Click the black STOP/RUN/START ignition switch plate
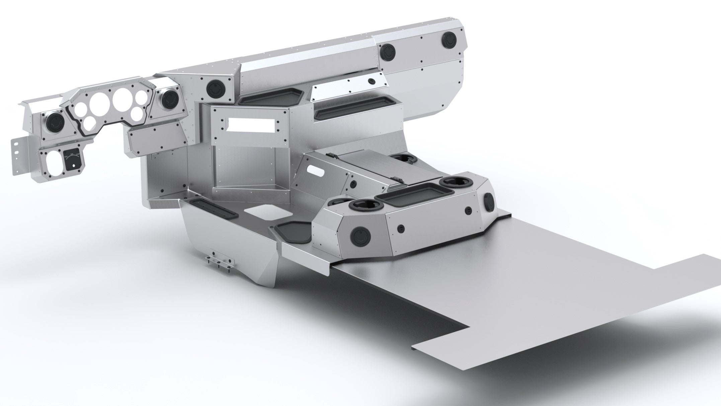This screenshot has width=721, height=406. [71, 160]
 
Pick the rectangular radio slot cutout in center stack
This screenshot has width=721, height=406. [252, 125]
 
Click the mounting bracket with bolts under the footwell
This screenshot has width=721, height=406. [220, 262]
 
